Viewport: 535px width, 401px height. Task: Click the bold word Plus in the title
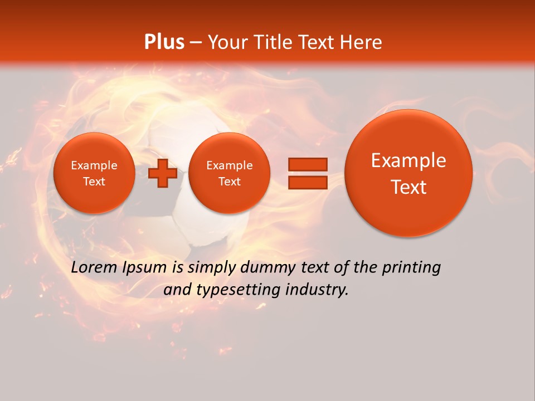[x=164, y=42]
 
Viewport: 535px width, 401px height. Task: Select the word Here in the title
[x=362, y=42]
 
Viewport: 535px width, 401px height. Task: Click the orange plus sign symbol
[x=163, y=173]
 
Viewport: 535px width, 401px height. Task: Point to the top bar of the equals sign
[x=308, y=164]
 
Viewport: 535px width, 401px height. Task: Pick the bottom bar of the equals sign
[x=308, y=182]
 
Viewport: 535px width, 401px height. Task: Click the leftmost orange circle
[x=94, y=173]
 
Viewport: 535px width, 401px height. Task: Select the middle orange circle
[x=229, y=173]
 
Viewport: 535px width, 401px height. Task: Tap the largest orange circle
[x=408, y=173]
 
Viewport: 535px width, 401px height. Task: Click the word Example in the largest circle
[x=408, y=160]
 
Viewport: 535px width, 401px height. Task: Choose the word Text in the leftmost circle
[x=94, y=182]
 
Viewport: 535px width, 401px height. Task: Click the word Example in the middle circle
[x=229, y=165]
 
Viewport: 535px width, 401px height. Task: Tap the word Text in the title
[x=316, y=42]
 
